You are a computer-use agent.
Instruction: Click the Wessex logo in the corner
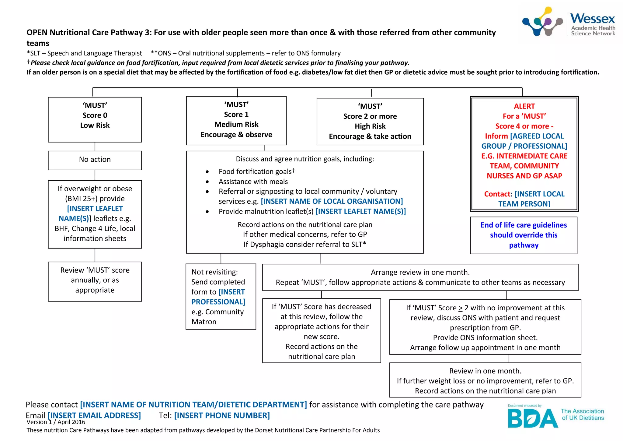click(x=568, y=22)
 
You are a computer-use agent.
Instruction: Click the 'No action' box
click(x=95, y=160)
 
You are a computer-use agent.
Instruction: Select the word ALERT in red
click(x=524, y=106)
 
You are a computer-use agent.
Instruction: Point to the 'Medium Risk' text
click(x=236, y=125)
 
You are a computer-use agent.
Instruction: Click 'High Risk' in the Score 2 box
click(x=370, y=126)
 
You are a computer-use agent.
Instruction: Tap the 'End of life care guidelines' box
click(x=523, y=235)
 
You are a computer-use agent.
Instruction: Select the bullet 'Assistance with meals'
click(x=253, y=182)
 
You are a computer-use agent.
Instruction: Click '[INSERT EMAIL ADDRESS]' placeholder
click(x=94, y=415)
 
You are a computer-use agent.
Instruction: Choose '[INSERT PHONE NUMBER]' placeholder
click(x=222, y=415)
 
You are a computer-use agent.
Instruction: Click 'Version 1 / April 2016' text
click(x=56, y=422)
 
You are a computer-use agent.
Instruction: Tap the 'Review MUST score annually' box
click(x=95, y=280)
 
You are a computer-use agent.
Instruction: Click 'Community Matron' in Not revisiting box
click(x=218, y=317)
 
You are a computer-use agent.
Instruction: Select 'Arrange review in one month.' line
click(x=420, y=272)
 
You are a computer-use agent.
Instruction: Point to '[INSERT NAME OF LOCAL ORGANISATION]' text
click(x=332, y=201)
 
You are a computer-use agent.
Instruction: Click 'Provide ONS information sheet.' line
click(x=485, y=338)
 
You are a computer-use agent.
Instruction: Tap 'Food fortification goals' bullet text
click(x=255, y=172)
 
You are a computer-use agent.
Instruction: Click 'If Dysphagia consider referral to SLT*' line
click(x=305, y=245)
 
